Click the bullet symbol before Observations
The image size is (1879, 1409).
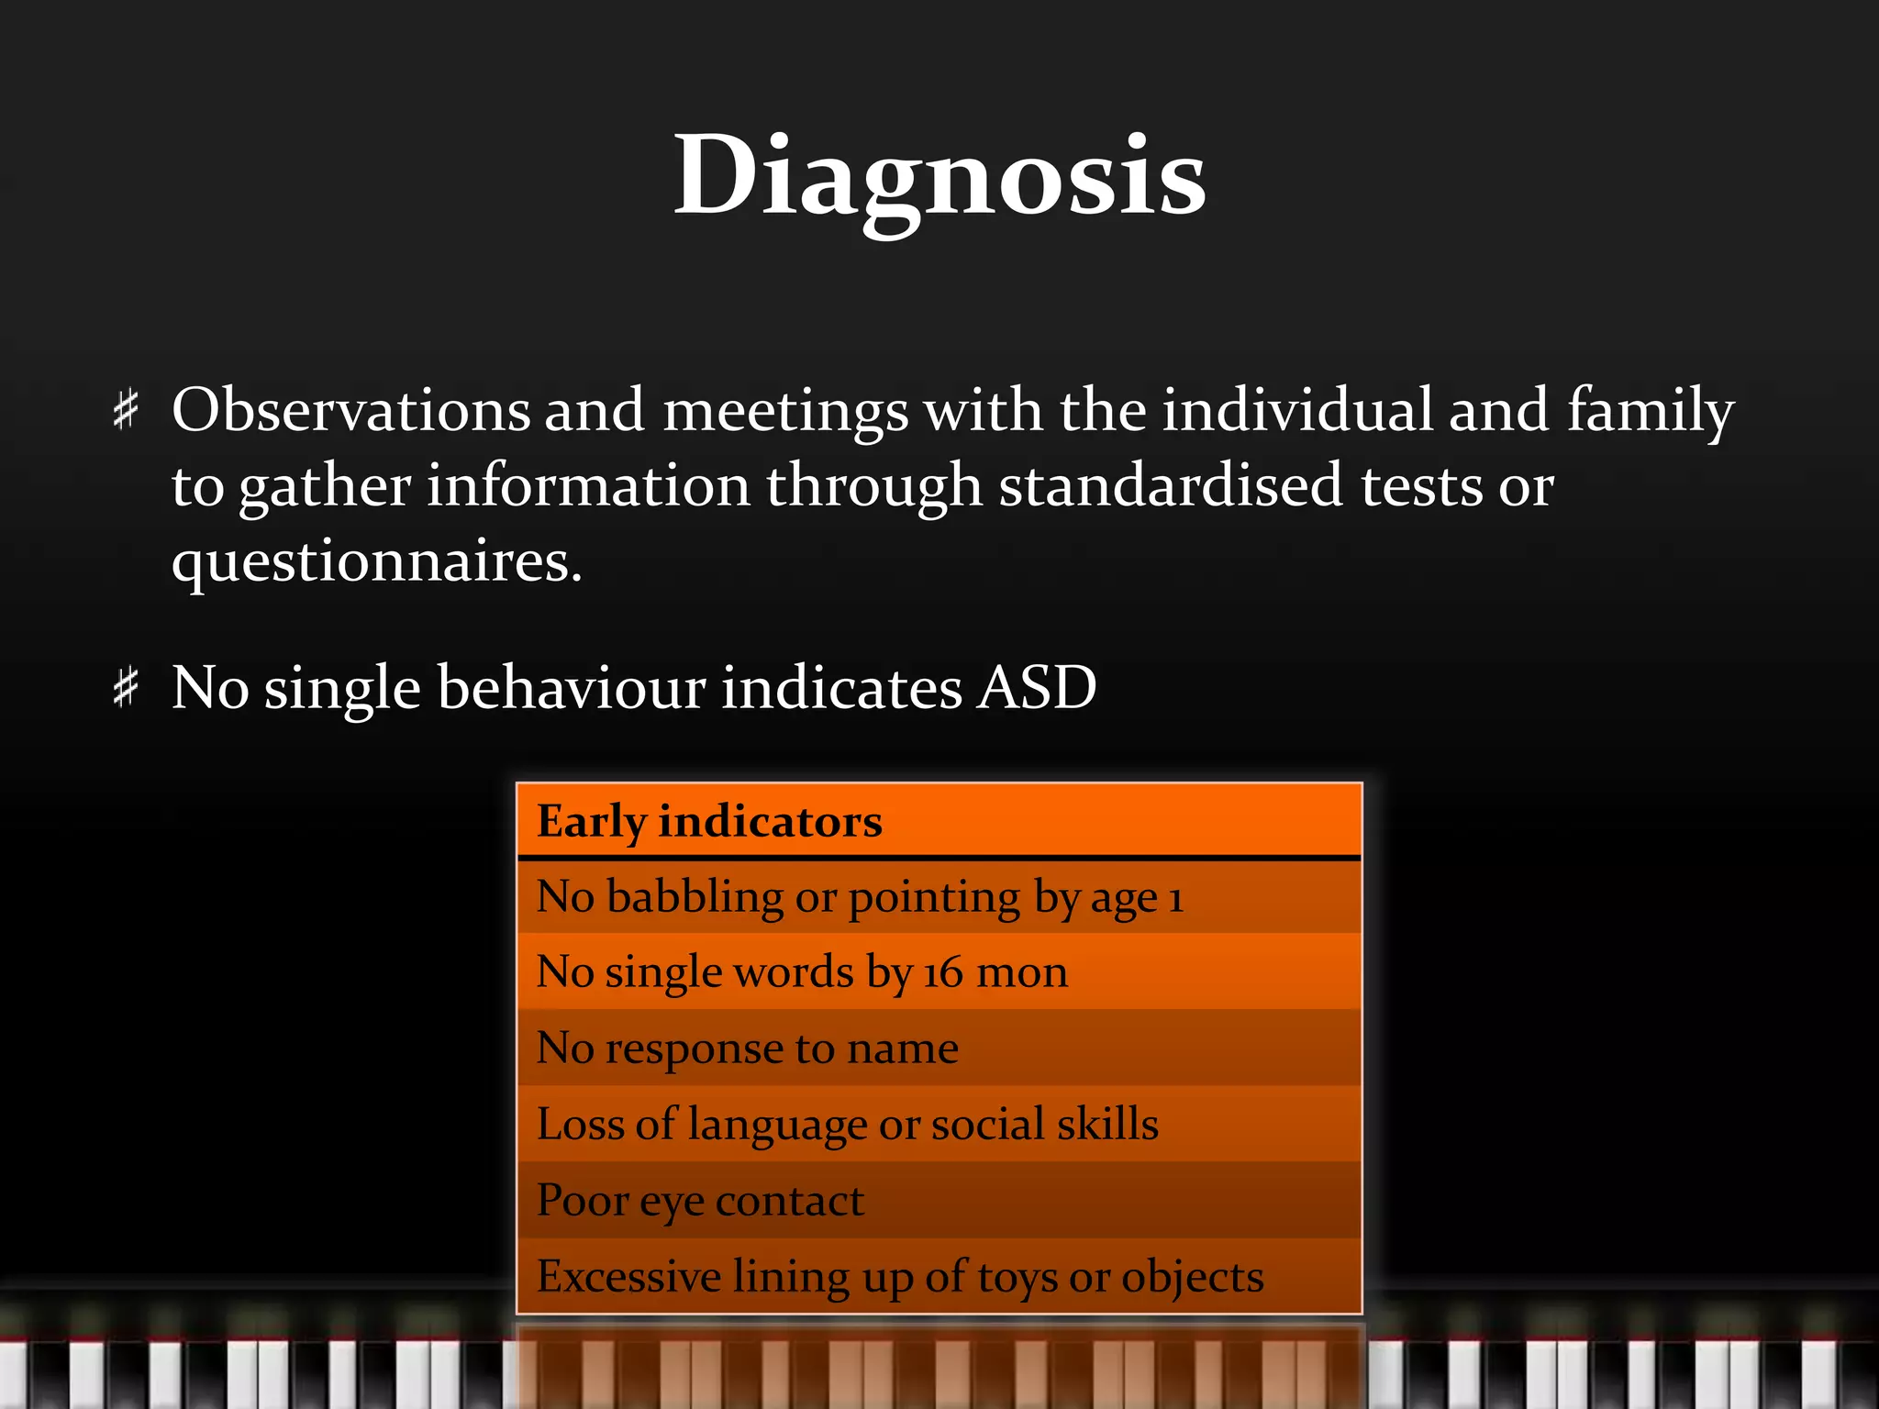(126, 409)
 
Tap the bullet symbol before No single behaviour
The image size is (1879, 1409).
(126, 687)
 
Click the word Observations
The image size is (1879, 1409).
(350, 409)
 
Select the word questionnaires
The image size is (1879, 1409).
(376, 561)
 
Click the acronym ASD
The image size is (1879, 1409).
(1036, 687)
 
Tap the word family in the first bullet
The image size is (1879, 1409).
(1650, 411)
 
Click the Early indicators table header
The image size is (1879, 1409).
(709, 821)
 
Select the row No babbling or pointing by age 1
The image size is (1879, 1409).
(939, 897)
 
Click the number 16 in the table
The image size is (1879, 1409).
(942, 973)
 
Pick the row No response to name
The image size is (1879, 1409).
(939, 1048)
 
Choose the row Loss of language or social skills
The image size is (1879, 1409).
(939, 1125)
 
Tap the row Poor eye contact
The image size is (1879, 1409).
(939, 1201)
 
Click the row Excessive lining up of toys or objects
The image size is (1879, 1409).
(939, 1277)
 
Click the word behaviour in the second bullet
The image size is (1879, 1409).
(572, 687)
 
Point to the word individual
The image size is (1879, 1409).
(1296, 409)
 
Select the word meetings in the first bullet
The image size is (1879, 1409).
(785, 411)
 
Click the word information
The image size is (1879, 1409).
(588, 485)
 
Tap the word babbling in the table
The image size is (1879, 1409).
(695, 897)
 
